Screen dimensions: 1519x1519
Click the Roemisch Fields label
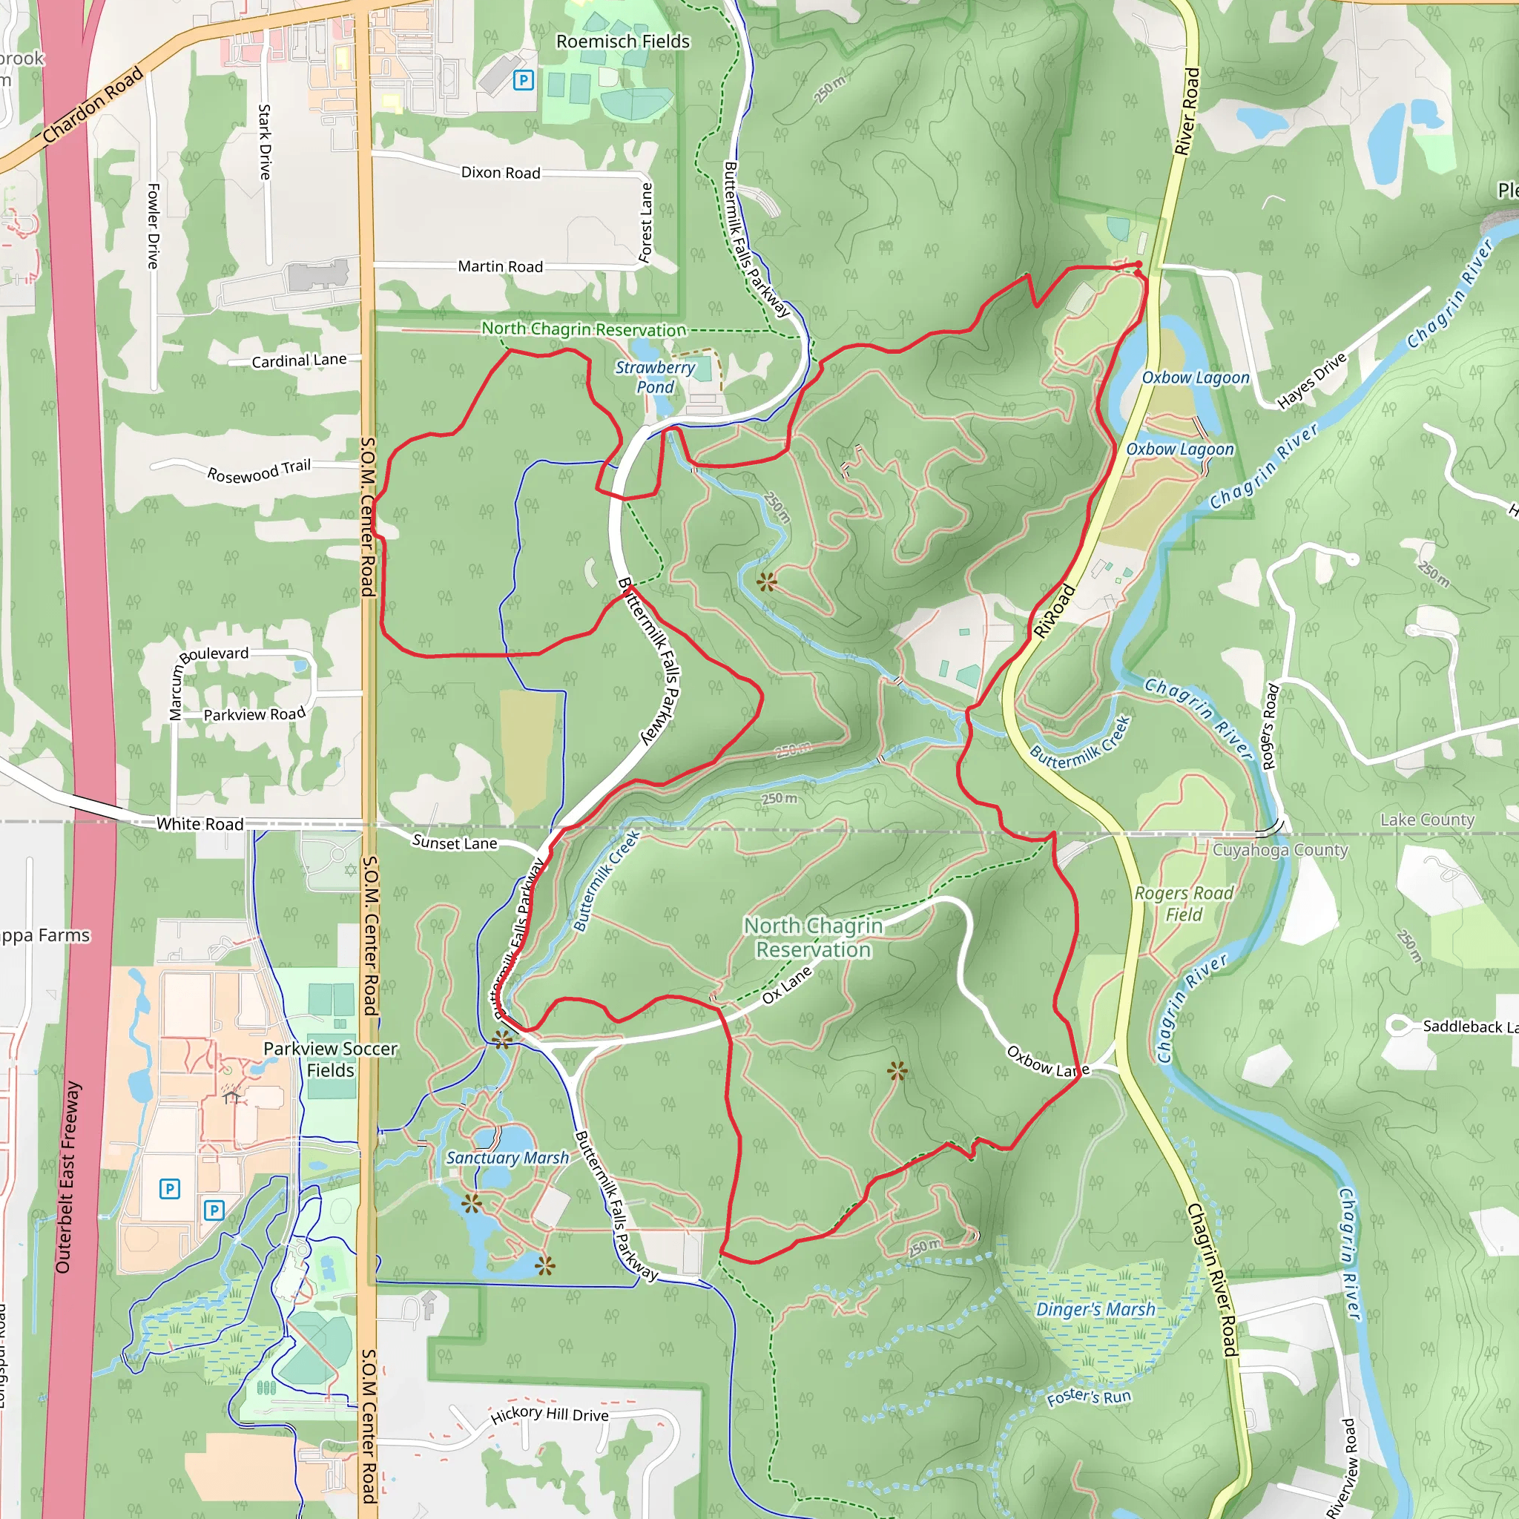(x=623, y=42)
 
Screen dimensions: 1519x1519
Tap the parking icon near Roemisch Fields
(x=524, y=79)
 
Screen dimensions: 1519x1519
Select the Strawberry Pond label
(x=655, y=378)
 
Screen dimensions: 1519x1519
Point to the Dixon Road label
(x=501, y=173)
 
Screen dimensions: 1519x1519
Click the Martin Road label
(x=501, y=267)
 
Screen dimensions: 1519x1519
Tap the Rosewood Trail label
(x=259, y=471)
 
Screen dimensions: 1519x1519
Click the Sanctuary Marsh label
(x=507, y=1158)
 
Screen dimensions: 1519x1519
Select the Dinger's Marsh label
(x=1095, y=1310)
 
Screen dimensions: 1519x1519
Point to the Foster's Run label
(x=1089, y=1397)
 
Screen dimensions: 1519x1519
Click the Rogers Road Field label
(x=1184, y=904)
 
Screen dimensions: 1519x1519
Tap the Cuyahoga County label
(x=1280, y=850)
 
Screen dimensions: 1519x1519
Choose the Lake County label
(x=1427, y=820)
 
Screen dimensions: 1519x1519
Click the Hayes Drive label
(x=1312, y=381)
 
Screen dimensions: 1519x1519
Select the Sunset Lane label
(x=455, y=843)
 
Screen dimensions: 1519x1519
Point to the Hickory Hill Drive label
(x=550, y=1414)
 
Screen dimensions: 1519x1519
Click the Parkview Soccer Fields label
(x=330, y=1060)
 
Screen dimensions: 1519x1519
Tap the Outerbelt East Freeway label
(x=68, y=1177)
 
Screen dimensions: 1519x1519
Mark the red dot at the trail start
(x=1139, y=264)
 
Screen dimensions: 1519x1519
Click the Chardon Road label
(x=93, y=106)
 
